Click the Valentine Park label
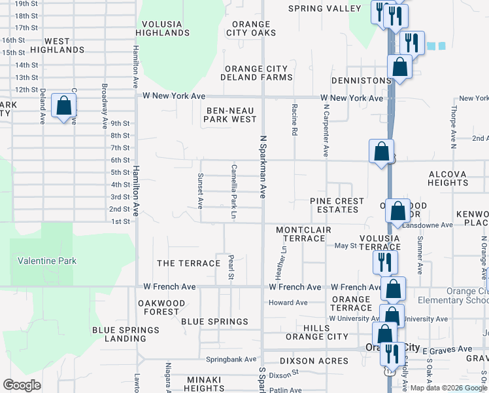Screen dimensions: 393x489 pyautogui.click(x=47, y=261)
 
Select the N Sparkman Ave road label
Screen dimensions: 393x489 pyautogui.click(x=263, y=167)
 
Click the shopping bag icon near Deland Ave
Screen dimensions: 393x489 pyautogui.click(x=64, y=105)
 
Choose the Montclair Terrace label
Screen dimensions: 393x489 pyautogui.click(x=303, y=234)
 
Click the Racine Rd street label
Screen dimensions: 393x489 pyautogui.click(x=294, y=119)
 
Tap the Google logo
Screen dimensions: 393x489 pyautogui.click(x=22, y=384)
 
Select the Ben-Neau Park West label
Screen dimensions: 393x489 pyautogui.click(x=230, y=115)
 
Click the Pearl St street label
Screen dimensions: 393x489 pyautogui.click(x=230, y=267)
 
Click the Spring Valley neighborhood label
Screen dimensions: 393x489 pyautogui.click(x=326, y=9)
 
